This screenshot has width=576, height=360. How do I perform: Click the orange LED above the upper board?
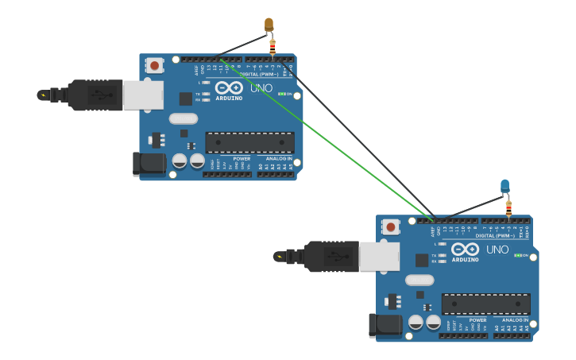[269, 25]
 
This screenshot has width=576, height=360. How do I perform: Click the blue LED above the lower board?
[504, 186]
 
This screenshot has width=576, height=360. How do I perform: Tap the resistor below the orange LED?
[273, 46]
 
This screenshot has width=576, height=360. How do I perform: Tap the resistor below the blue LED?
[508, 207]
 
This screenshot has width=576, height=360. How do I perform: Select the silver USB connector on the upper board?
[143, 95]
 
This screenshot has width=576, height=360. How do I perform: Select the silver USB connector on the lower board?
[379, 256]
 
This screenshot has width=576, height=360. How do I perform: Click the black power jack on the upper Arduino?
[149, 164]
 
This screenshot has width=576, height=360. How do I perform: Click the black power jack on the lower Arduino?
[385, 325]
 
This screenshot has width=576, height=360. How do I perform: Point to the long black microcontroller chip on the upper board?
[249, 143]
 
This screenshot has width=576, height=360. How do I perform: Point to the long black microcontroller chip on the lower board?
[485, 304]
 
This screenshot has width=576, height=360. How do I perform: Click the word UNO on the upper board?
[261, 87]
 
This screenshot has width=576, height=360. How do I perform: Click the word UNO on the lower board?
[497, 249]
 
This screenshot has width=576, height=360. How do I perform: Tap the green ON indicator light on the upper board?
[281, 94]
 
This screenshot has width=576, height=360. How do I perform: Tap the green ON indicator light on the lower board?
[517, 255]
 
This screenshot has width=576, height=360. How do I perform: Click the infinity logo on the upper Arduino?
[229, 87]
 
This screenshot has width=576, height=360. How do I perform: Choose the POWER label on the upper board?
[242, 158]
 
